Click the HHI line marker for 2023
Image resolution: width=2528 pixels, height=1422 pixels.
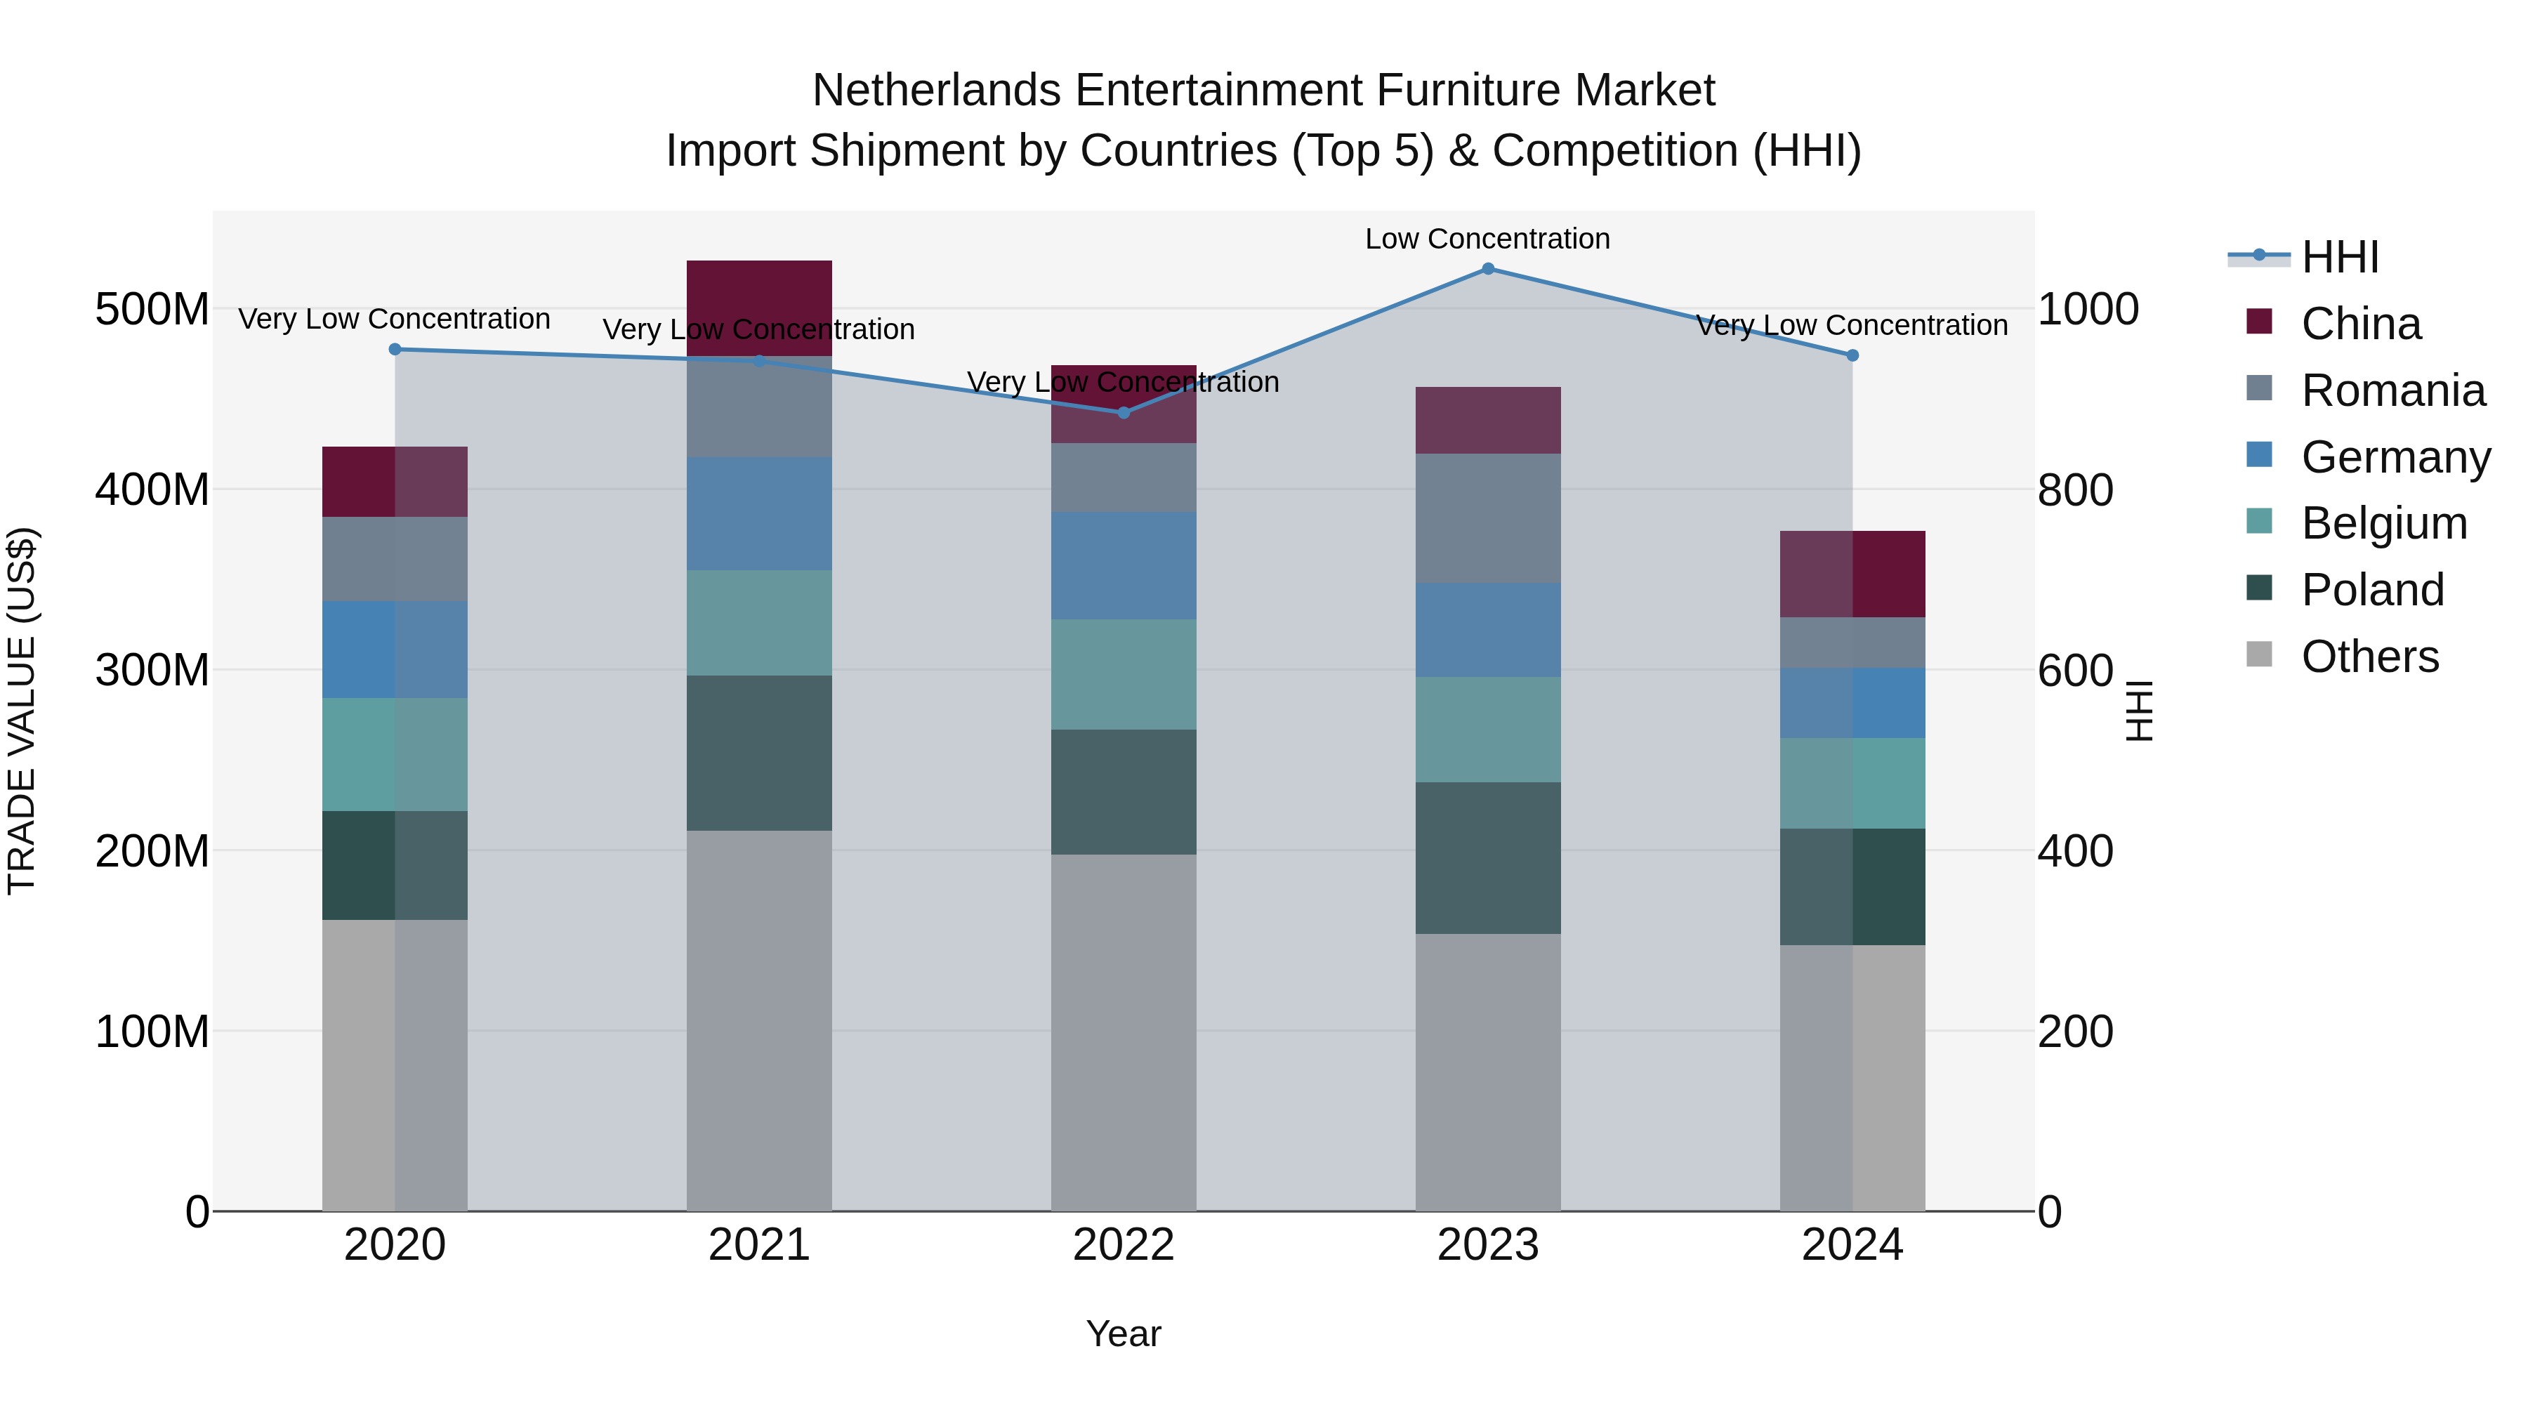coord(1488,269)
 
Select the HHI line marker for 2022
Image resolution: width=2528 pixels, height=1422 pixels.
coord(1124,413)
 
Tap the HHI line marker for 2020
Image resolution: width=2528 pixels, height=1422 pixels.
coord(395,350)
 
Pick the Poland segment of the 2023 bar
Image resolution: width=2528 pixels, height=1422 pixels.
coord(1488,857)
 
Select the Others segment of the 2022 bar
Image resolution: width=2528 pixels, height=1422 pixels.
coord(1124,1032)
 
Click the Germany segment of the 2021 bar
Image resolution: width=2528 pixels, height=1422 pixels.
coord(758,513)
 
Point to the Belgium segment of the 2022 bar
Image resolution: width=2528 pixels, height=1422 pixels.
coord(1124,674)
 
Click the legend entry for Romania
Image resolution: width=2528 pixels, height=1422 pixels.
coord(2392,390)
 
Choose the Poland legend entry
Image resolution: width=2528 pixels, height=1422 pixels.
coord(2372,590)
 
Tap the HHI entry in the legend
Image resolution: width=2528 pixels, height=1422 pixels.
coord(2340,257)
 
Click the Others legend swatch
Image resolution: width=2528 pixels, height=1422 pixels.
coord(2259,654)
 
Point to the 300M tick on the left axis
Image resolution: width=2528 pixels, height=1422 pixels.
coord(152,671)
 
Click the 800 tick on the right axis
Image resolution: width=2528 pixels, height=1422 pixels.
coord(2074,489)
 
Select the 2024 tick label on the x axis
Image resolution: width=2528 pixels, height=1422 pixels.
coord(1852,1245)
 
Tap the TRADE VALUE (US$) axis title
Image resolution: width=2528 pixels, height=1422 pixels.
coord(22,711)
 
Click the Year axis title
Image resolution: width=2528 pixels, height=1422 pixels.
coord(1123,1334)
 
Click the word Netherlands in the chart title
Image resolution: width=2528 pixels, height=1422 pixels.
coord(935,91)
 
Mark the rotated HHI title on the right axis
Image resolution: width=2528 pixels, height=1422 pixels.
coord(2140,711)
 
